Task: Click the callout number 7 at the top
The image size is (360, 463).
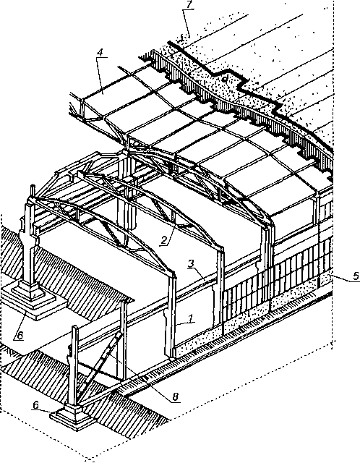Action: [188, 5]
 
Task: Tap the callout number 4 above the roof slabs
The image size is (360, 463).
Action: [100, 53]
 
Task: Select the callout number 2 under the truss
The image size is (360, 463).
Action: [165, 241]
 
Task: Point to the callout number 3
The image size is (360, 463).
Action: [192, 263]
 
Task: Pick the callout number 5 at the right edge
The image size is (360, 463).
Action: [356, 276]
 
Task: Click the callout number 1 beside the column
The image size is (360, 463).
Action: [191, 318]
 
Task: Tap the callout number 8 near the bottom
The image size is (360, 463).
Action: [176, 396]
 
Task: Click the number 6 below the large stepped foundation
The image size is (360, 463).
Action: [20, 335]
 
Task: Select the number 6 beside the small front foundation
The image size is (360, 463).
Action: [35, 405]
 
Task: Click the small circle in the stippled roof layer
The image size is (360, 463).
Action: [225, 79]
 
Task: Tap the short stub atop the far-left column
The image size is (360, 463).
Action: [33, 191]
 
